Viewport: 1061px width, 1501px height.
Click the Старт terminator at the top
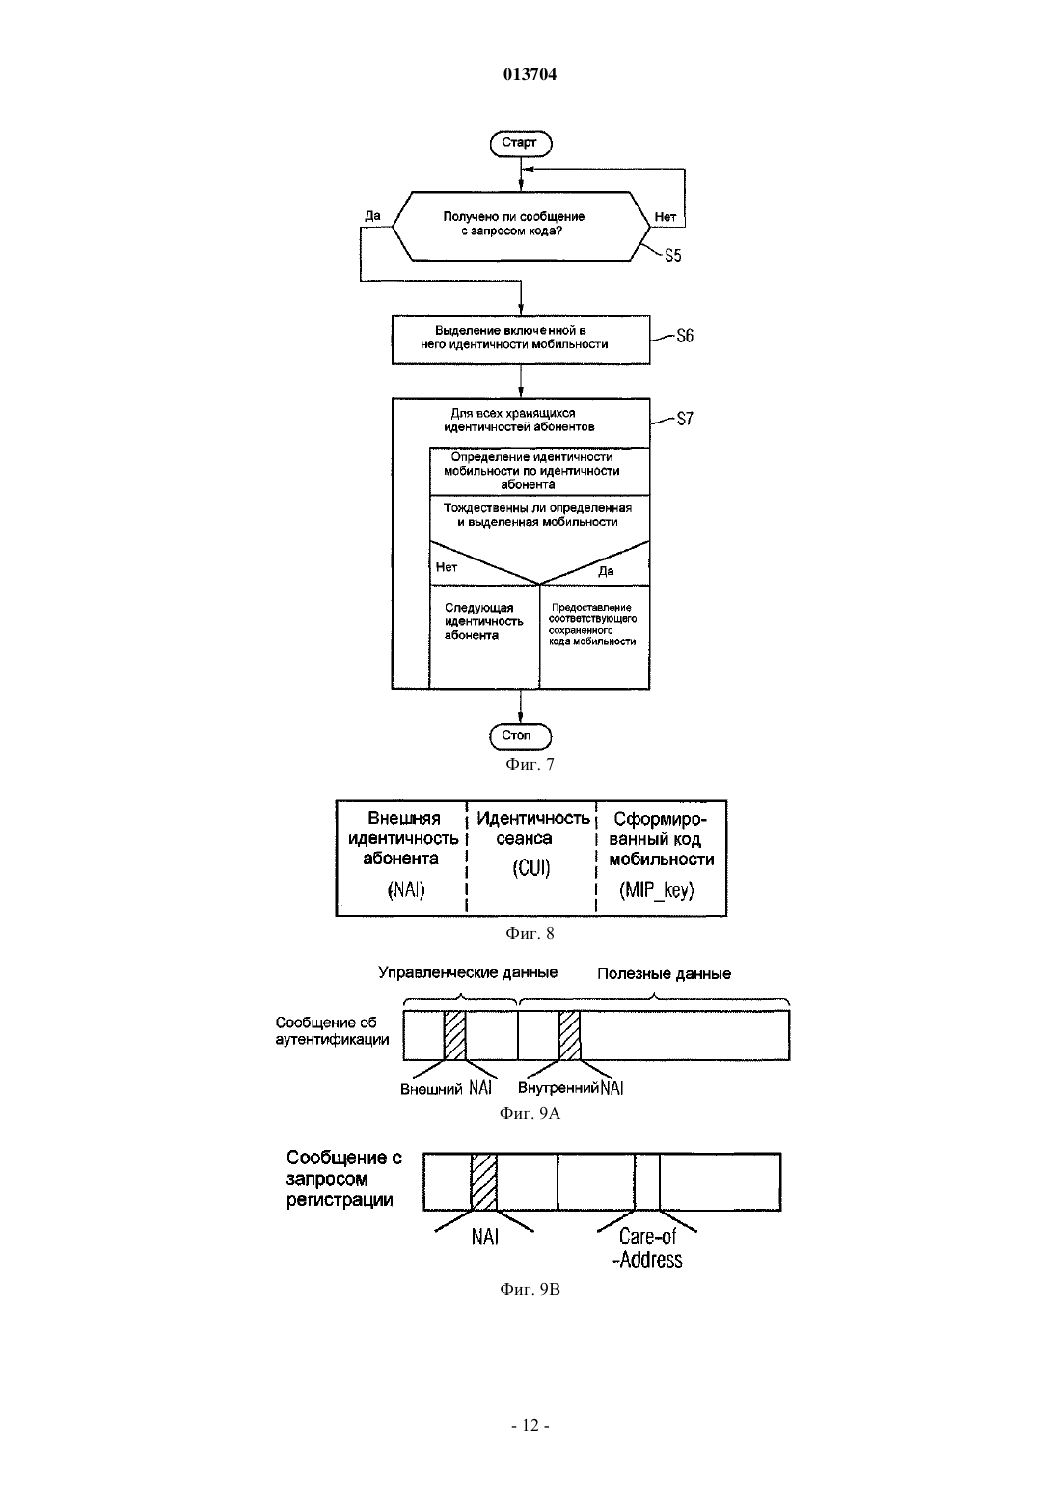[521, 144]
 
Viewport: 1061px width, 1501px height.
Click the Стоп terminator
[521, 736]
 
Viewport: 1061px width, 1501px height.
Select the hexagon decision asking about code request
[521, 227]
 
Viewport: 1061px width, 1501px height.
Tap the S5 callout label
[672, 256]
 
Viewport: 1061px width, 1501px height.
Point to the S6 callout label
[685, 336]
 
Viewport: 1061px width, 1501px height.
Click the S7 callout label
[685, 419]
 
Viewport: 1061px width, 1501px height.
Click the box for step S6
[521, 340]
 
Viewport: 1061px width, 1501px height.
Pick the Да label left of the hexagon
[372, 216]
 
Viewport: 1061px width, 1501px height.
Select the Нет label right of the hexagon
[666, 216]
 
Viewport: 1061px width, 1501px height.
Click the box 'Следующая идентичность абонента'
[484, 637]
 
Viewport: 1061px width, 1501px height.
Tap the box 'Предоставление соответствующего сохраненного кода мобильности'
[595, 637]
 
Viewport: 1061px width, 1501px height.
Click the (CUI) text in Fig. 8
[531, 868]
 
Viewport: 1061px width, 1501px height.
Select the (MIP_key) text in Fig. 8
[657, 889]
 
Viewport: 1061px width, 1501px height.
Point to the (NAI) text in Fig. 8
[406, 889]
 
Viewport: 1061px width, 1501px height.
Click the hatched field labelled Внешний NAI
[455, 1035]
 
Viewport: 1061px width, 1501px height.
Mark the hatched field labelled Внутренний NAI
[569, 1035]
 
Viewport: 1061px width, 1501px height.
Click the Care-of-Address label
[647, 1247]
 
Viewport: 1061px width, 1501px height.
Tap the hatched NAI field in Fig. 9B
[484, 1182]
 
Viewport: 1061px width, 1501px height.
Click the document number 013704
[530, 74]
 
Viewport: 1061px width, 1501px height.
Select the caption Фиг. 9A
[530, 1113]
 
